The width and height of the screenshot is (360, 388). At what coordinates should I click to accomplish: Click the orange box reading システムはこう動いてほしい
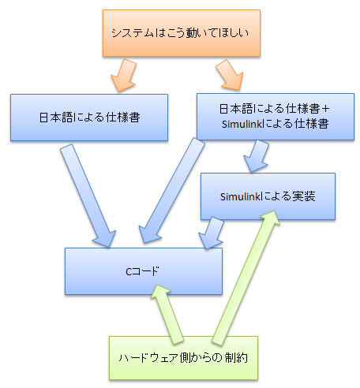180,33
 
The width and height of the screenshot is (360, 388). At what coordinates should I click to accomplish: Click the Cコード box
143,270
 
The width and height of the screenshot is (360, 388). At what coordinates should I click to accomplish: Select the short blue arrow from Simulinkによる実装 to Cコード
212,233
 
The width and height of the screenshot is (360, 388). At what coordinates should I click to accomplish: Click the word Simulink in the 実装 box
234,195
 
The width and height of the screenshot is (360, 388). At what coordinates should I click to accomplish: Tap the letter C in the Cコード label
129,270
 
